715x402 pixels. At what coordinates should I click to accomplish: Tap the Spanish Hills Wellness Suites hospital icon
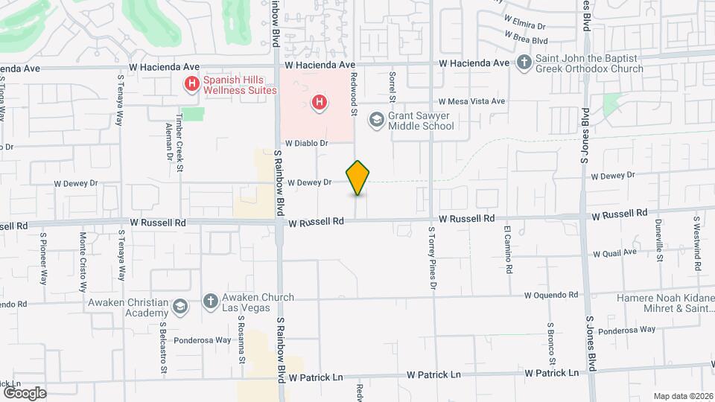(192, 84)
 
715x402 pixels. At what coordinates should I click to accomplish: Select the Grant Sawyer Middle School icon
(377, 119)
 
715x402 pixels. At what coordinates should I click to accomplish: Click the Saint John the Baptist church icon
(524, 63)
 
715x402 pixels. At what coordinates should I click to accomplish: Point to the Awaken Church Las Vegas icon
(211, 301)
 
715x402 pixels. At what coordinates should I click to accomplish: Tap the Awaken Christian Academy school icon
(179, 307)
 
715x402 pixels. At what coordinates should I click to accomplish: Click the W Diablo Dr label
(307, 142)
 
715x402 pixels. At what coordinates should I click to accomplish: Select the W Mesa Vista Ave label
(472, 101)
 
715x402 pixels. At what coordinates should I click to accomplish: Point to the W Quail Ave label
(614, 252)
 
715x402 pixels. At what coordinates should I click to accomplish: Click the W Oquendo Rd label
(551, 295)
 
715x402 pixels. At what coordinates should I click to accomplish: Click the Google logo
(25, 392)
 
